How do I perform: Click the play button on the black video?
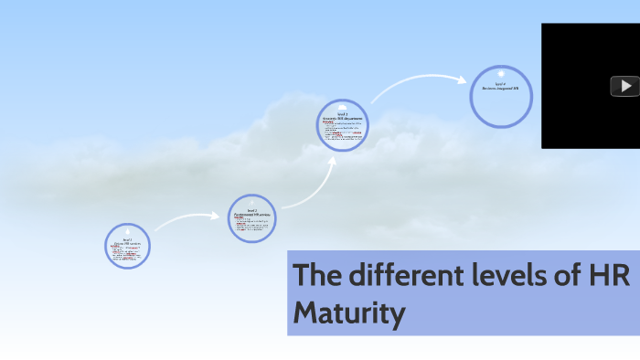624,86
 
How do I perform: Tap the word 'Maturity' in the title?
348,313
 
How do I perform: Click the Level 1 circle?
128,247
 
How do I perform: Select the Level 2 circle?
252,218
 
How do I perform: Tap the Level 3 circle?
343,126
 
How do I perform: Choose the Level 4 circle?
500,95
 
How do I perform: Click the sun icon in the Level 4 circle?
500,72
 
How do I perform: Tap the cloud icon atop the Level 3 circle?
343,106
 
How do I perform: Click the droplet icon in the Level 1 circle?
128,230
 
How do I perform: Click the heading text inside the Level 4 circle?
500,87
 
